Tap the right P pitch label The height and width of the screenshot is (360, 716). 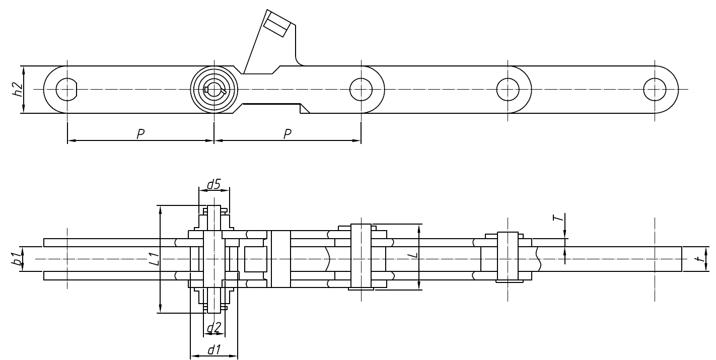pos(287,134)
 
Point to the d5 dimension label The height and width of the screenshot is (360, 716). pos(214,184)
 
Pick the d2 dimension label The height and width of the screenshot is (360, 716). pos(214,328)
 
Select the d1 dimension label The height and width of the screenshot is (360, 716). pos(214,348)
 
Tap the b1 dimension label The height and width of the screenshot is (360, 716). pos(17,259)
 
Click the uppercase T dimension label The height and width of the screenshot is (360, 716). pos(556,218)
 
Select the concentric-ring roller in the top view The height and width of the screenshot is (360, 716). pos(214,90)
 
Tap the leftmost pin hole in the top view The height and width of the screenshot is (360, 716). pos(67,90)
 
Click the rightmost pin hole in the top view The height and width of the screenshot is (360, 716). pos(655,90)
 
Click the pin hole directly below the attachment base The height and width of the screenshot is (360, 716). pos(361,90)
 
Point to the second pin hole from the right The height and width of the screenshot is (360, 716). pos(508,90)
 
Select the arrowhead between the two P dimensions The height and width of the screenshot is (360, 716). pos(214,141)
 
